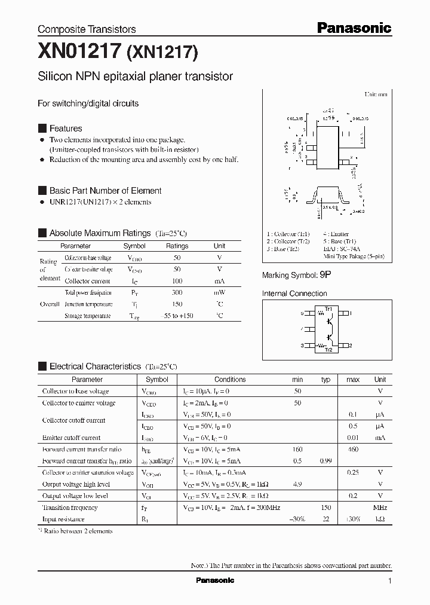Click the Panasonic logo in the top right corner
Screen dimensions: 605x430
[354, 27]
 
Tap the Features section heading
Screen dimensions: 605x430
[65, 129]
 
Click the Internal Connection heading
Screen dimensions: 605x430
[294, 294]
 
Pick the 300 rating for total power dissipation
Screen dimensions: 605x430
[177, 293]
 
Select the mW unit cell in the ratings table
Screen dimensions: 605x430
[219, 293]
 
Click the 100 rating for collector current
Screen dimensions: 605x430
[177, 281]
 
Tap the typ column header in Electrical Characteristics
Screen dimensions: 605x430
[325, 380]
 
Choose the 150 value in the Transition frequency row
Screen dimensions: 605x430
[325, 508]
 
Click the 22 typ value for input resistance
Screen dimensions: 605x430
[325, 519]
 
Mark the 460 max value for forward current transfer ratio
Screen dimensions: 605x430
[352, 450]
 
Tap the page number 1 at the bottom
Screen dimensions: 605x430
[389, 581]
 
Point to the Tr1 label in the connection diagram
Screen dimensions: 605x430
[328, 308]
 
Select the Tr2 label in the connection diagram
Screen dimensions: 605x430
[328, 350]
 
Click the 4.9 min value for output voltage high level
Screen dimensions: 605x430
[297, 484]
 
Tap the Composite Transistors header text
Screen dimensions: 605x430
[87, 29]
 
